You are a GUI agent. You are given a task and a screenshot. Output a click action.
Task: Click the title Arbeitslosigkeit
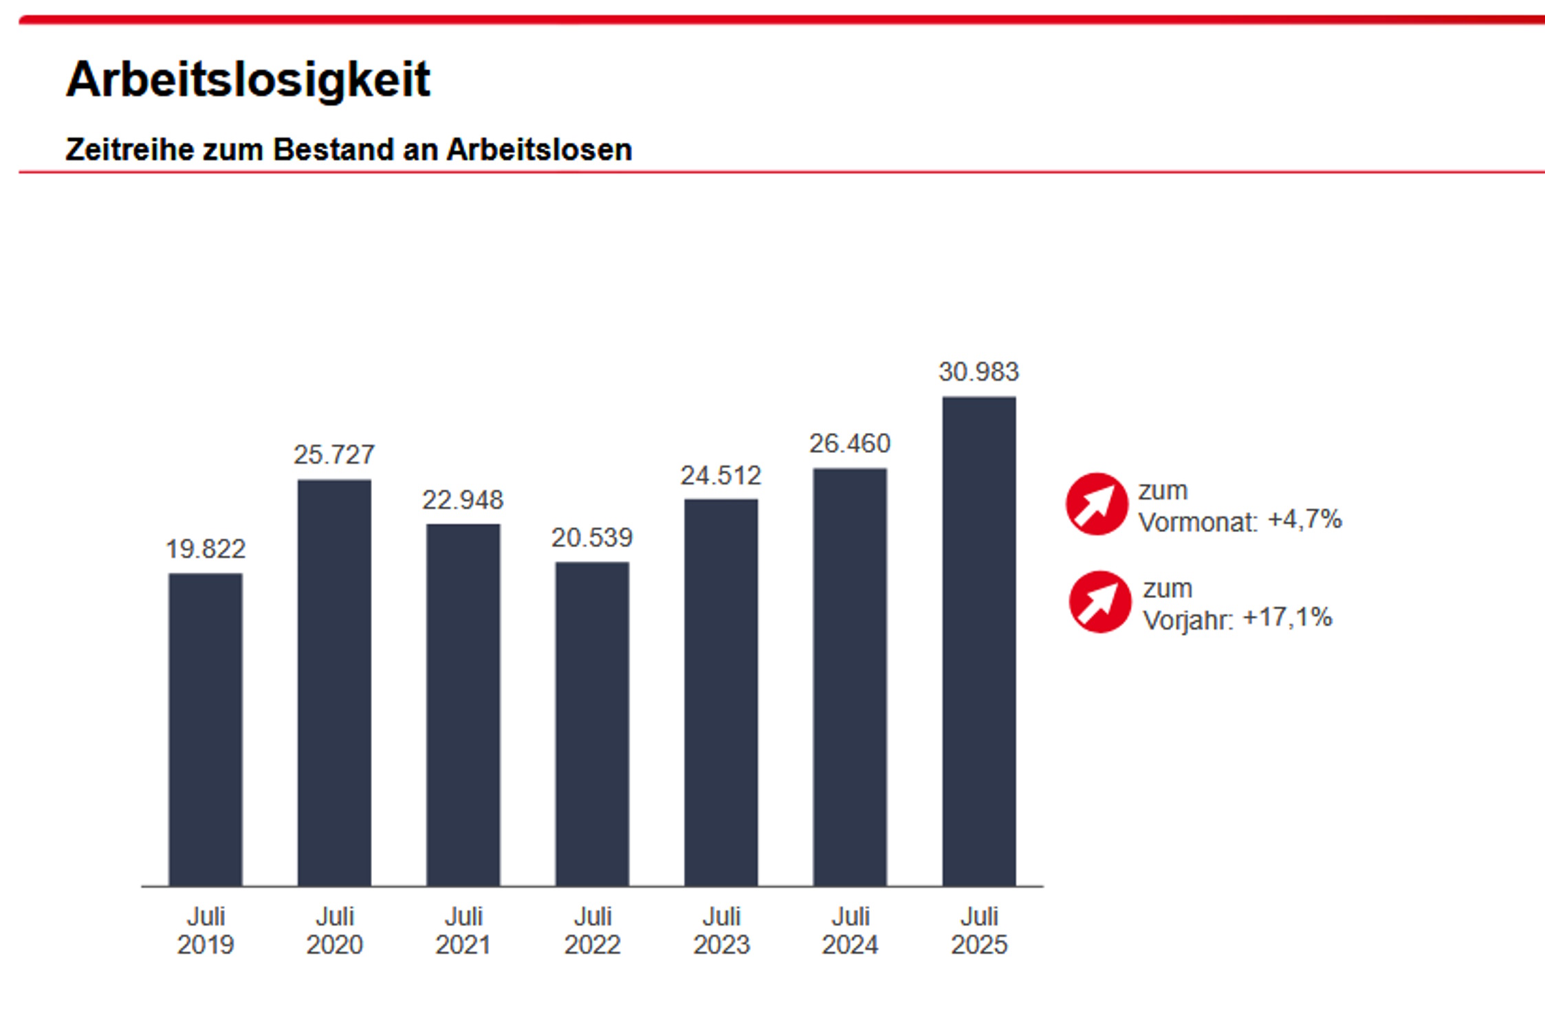click(x=248, y=80)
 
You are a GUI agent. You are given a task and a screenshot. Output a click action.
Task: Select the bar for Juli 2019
click(x=206, y=729)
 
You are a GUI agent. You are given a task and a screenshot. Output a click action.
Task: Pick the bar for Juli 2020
click(x=334, y=683)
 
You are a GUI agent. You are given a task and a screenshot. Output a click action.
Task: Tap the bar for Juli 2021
click(x=463, y=705)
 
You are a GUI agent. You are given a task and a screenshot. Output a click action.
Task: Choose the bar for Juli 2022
click(x=592, y=724)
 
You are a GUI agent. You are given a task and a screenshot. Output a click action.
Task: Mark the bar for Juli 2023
click(x=721, y=692)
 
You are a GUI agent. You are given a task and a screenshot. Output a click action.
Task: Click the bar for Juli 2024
click(x=850, y=677)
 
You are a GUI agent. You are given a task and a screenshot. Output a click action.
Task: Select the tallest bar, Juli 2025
click(x=978, y=641)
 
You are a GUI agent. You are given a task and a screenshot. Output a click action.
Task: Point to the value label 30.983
click(x=978, y=372)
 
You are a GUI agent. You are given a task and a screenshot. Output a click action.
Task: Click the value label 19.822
click(x=206, y=549)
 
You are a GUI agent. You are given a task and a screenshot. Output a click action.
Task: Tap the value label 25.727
click(x=334, y=454)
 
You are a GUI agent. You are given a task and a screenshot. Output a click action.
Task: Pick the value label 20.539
click(x=592, y=537)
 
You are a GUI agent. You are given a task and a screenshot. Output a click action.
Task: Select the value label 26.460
click(x=850, y=444)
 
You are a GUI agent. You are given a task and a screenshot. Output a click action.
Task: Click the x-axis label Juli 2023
click(x=721, y=931)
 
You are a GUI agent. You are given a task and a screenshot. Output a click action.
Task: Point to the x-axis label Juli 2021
click(x=463, y=931)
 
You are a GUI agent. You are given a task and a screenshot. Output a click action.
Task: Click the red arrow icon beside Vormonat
click(x=1097, y=504)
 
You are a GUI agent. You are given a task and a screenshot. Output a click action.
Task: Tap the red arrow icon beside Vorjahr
click(x=1099, y=601)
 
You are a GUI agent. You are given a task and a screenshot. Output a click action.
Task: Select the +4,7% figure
click(x=1304, y=520)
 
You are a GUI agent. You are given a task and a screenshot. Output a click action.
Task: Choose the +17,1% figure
click(x=1287, y=617)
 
